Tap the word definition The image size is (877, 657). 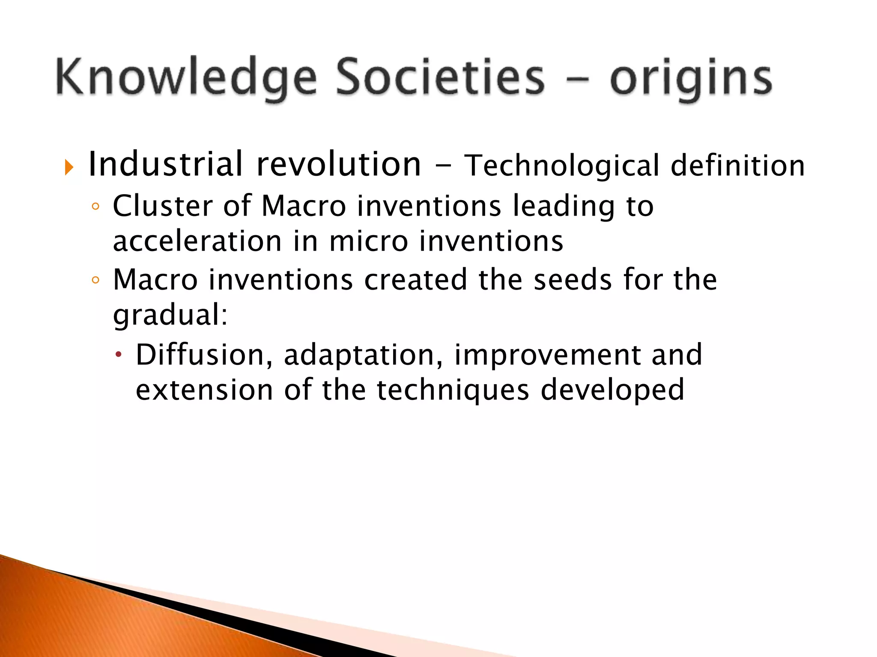pos(737,166)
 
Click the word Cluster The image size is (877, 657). pos(163,206)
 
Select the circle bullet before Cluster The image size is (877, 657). pos(95,207)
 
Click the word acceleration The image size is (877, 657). pos(197,241)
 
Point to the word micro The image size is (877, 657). pos(369,241)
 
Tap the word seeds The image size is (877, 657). pos(573,280)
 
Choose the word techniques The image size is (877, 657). pos(453,391)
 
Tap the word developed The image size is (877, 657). pos(612,391)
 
